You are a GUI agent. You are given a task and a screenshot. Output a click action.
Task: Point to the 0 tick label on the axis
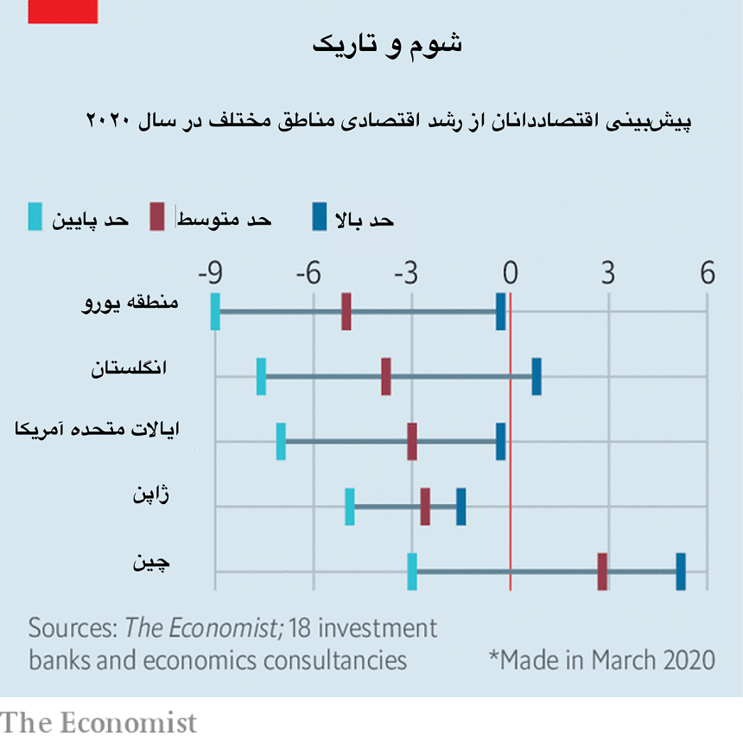pos(510,274)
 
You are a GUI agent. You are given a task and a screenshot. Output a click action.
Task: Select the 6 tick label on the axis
pos(708,274)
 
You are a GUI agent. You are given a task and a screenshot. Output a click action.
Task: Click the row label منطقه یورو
pos(129,303)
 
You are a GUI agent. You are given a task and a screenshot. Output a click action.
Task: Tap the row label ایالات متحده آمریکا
pos(104,431)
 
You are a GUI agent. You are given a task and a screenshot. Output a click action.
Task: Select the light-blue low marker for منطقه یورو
pos(215,311)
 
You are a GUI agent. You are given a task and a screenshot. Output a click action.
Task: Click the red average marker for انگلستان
pos(386,376)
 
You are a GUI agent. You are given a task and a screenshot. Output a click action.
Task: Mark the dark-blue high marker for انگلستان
pos(537,376)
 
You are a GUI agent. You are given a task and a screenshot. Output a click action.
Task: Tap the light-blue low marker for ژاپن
pos(350,506)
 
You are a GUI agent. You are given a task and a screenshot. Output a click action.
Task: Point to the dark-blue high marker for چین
pos(681,572)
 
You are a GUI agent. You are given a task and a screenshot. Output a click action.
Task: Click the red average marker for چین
pos(602,572)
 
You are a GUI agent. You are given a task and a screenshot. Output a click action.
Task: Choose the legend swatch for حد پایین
pos(35,218)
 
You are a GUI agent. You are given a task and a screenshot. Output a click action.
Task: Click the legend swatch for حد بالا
pos(320,218)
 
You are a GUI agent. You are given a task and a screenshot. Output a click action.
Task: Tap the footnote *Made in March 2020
pos(602,660)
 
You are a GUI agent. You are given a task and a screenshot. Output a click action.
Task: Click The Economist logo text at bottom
pos(98,722)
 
